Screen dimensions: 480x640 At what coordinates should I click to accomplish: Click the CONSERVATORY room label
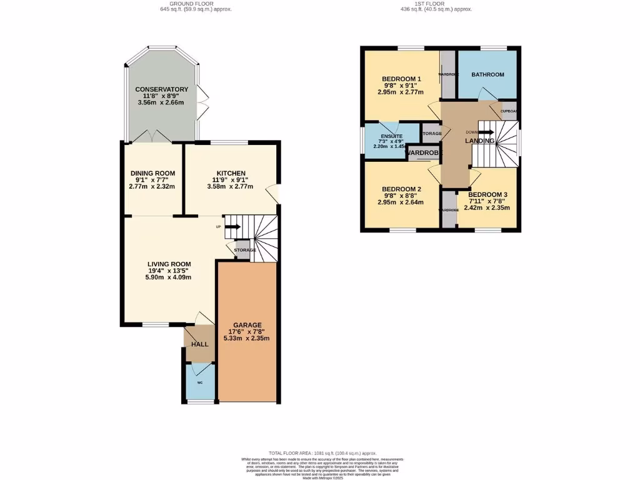[162, 89]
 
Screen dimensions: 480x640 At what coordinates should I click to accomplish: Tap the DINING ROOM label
[152, 173]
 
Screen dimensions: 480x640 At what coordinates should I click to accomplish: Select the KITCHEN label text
[231, 173]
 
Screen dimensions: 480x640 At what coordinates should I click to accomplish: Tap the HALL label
[199, 344]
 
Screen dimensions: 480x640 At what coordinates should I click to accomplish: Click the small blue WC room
[200, 382]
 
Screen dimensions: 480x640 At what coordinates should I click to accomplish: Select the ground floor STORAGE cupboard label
[245, 250]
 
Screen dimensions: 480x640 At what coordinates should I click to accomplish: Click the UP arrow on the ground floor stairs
[232, 226]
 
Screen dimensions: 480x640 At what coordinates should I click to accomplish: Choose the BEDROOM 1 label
[401, 79]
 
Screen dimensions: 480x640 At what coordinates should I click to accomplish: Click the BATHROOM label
[487, 75]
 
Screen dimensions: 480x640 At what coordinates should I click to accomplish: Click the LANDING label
[479, 141]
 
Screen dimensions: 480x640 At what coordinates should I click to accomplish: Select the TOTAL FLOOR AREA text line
[322, 452]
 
